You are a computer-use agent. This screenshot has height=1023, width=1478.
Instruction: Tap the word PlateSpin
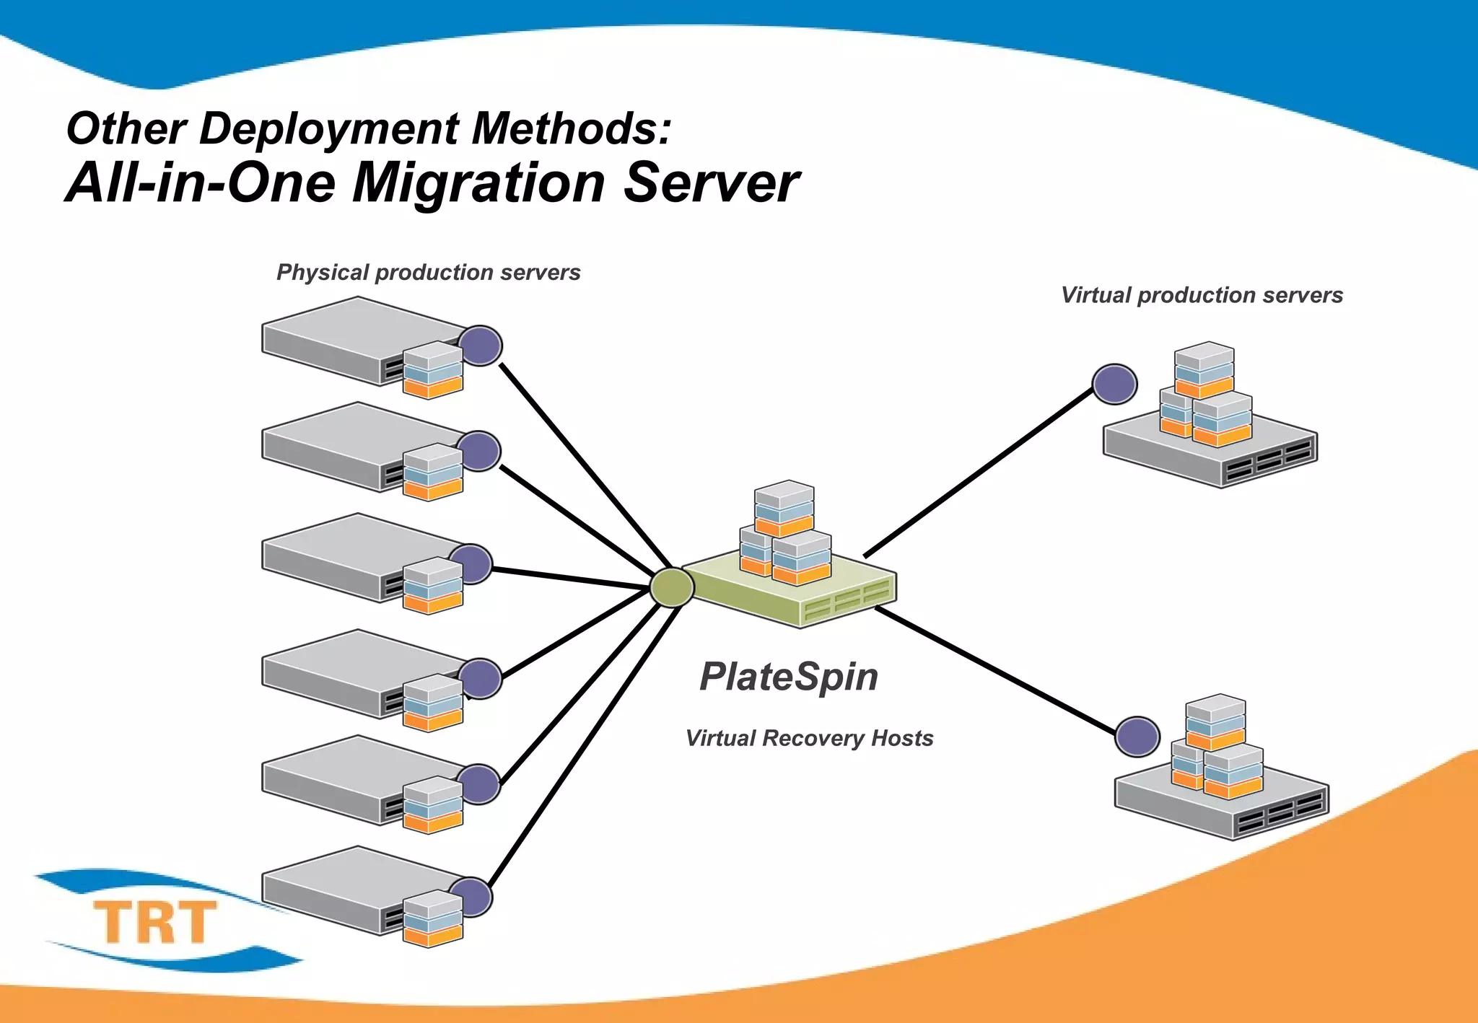click(x=789, y=677)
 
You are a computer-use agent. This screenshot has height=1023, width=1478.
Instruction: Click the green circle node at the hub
click(x=671, y=587)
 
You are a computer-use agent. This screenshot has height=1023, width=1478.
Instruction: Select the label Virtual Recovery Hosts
click(x=809, y=738)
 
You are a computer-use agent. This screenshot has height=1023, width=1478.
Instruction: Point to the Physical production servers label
click(x=428, y=272)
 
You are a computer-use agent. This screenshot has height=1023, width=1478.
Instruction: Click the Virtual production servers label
click(x=1202, y=295)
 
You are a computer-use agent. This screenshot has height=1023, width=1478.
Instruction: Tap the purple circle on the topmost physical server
click(x=481, y=345)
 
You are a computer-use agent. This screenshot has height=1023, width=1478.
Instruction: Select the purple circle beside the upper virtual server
click(x=1114, y=384)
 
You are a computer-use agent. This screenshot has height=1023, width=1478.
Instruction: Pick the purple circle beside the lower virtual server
click(x=1137, y=737)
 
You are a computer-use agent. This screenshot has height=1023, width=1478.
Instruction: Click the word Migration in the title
click(x=478, y=183)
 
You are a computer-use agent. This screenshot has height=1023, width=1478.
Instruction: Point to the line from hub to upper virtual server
click(x=978, y=473)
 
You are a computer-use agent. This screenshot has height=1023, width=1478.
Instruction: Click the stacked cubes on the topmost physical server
click(x=433, y=369)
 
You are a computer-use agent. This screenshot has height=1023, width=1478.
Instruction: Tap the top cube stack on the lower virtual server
click(x=1216, y=721)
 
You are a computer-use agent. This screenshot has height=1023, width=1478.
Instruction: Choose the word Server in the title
click(x=711, y=183)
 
